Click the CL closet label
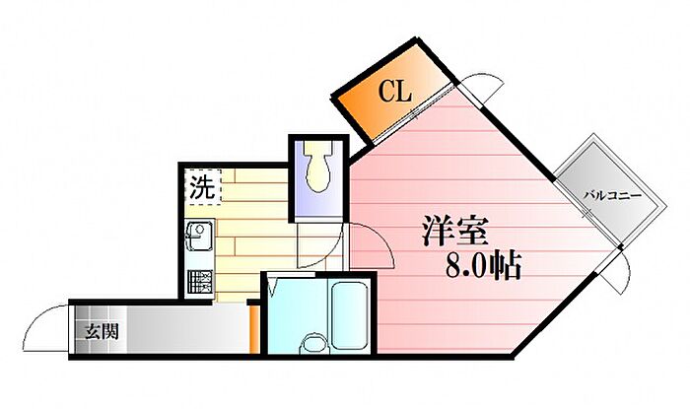(395, 92)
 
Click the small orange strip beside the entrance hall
(253, 329)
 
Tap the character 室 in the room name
(470, 232)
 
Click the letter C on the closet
(387, 92)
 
